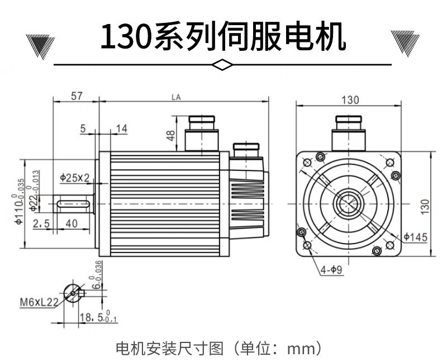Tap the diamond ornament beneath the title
[223, 65]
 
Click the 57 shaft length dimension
[77, 96]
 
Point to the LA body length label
[176, 97]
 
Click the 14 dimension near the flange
[121, 129]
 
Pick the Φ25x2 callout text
[75, 178]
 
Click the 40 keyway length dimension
[72, 223]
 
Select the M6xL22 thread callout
[39, 303]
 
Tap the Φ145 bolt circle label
[415, 237]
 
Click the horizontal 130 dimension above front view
[349, 100]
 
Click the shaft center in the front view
[349, 204]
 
